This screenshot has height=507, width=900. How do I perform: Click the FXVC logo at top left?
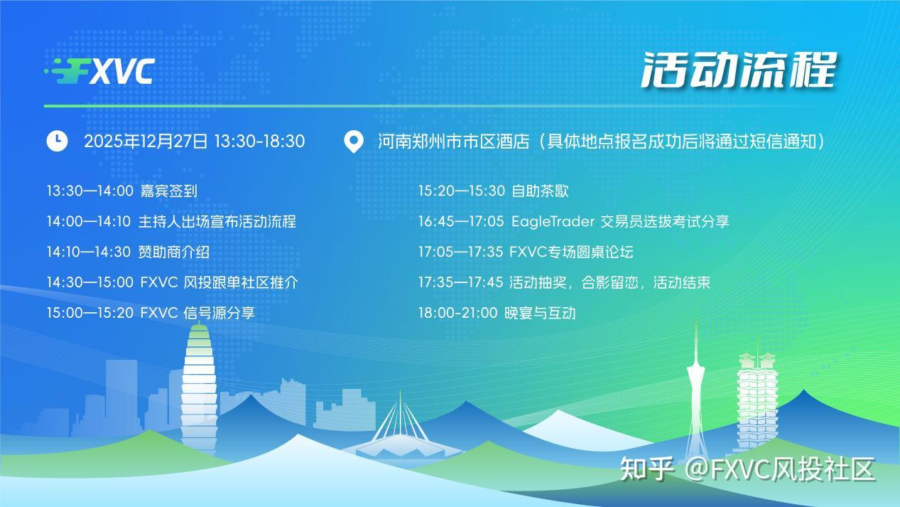pyautogui.click(x=99, y=71)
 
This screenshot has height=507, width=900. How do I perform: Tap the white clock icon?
pyautogui.click(x=57, y=141)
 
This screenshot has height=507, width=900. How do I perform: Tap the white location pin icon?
pyautogui.click(x=353, y=142)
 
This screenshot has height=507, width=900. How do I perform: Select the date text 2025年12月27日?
pyautogui.click(x=146, y=142)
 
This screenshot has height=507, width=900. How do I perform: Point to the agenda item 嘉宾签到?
pyautogui.click(x=168, y=191)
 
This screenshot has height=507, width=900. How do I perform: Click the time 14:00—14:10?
pyautogui.click(x=89, y=221)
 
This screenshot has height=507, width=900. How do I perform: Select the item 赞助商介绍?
pyautogui.click(x=174, y=252)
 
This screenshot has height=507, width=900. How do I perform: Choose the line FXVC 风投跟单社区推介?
pyautogui.click(x=219, y=282)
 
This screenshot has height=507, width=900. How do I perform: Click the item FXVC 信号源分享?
pyautogui.click(x=197, y=313)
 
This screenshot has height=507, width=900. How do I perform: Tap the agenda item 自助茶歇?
pyautogui.click(x=540, y=191)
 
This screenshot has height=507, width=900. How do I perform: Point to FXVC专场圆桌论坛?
pyautogui.click(x=571, y=252)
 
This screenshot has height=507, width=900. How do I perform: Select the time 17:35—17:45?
pyautogui.click(x=460, y=282)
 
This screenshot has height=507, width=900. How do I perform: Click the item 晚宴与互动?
pyautogui.click(x=540, y=313)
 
